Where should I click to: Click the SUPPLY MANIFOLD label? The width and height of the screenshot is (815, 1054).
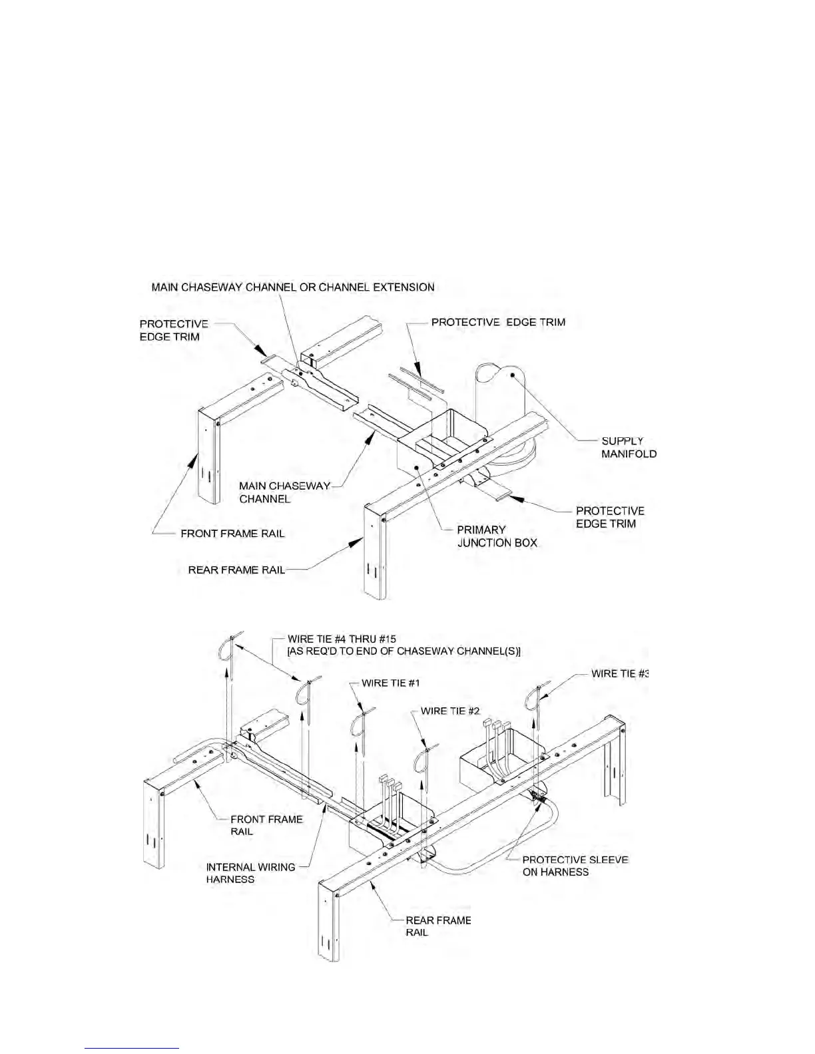tap(629, 447)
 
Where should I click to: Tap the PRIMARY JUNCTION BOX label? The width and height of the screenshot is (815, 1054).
tap(496, 536)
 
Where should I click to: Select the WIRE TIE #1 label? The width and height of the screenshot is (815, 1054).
tap(390, 683)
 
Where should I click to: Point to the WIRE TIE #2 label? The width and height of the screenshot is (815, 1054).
tap(450, 711)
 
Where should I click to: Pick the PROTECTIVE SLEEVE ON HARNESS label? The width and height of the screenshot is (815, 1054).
tap(575, 866)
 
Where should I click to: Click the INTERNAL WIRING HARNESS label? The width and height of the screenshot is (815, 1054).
tap(250, 873)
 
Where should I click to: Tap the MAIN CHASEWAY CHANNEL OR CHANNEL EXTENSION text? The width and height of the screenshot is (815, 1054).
tap(293, 287)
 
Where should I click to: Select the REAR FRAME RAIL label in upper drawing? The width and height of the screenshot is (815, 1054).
tap(236, 570)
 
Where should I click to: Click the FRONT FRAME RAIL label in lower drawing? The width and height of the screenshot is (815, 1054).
tap(266, 825)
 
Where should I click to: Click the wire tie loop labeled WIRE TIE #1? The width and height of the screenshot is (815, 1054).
tap(365, 722)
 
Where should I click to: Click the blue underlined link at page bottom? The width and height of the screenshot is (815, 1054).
tap(133, 1049)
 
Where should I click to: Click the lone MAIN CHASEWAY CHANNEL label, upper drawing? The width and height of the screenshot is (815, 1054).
tap(284, 492)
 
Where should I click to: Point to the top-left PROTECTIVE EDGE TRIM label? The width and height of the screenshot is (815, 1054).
tap(174, 330)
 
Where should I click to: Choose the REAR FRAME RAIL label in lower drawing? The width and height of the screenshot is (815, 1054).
tap(438, 926)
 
